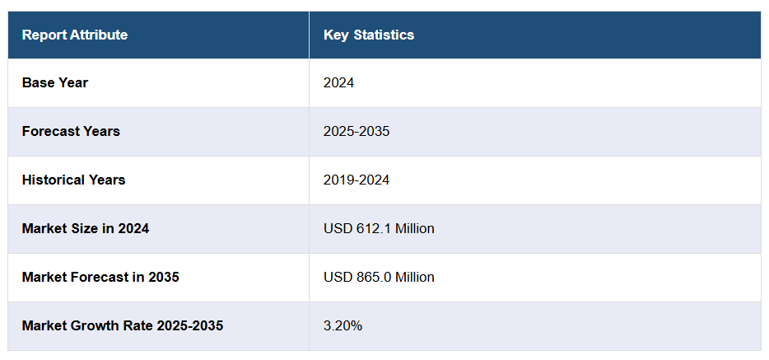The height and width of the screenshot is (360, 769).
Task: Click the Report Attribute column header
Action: pyautogui.click(x=75, y=35)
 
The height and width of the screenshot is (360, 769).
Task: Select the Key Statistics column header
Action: pyautogui.click(x=369, y=35)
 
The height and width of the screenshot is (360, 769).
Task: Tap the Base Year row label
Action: pyautogui.click(x=55, y=82)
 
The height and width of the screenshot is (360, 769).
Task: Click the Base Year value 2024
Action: pyautogui.click(x=338, y=82)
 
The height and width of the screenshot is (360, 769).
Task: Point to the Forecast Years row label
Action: pyautogui.click(x=71, y=131)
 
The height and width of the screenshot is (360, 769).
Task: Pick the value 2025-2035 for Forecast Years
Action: pyautogui.click(x=357, y=131)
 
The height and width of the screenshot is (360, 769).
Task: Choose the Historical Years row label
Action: pyautogui.click(x=74, y=180)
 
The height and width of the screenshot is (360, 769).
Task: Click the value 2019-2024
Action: pyautogui.click(x=357, y=180)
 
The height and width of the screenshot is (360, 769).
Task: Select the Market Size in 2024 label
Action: pyautogui.click(x=86, y=228)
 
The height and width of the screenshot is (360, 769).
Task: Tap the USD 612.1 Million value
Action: pyautogui.click(x=379, y=228)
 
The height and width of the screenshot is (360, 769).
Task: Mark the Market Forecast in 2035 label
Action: pyautogui.click(x=100, y=277)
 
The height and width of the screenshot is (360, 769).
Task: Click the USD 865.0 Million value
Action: pyautogui.click(x=379, y=277)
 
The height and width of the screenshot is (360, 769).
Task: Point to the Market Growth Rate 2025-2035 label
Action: pyautogui.click(x=123, y=325)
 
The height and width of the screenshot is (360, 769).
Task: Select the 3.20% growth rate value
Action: pyautogui.click(x=343, y=325)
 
